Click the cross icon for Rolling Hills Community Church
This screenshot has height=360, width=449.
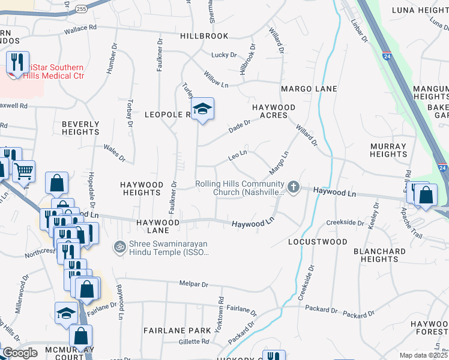click(294, 188)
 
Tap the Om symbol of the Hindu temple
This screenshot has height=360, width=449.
click(119, 247)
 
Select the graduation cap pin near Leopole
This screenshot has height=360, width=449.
click(203, 109)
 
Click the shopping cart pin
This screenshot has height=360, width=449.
click(23, 171)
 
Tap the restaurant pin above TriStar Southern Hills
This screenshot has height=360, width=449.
click(17, 62)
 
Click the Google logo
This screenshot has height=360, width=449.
click(20, 353)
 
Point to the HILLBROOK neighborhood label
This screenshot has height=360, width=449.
click(204, 36)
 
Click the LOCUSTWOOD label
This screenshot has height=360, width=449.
click(318, 242)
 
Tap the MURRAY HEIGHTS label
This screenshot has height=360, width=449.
click(388, 150)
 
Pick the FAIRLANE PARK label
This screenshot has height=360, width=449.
click(177, 331)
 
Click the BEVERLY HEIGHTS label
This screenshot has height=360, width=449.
click(80, 128)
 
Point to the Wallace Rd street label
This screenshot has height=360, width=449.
click(80, 28)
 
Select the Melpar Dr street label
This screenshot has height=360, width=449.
click(193, 283)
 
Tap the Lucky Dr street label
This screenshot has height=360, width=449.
click(224, 55)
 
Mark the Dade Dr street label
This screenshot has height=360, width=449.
click(239, 125)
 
